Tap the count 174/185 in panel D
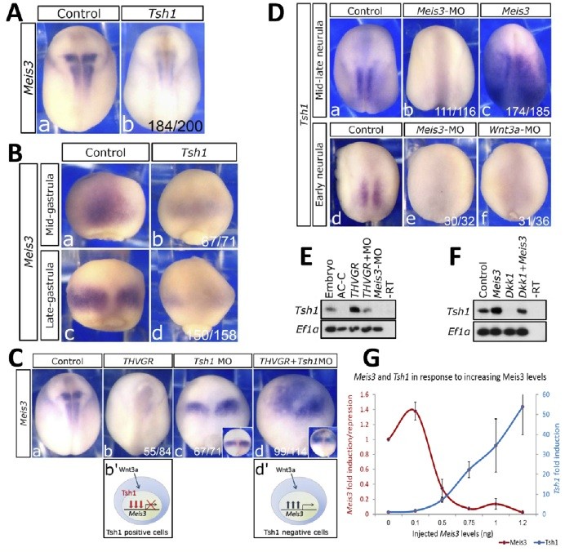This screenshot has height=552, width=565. (x=514, y=109)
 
